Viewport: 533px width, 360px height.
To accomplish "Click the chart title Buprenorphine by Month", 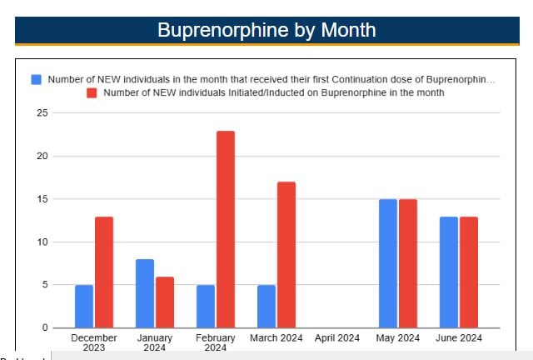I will [266, 30].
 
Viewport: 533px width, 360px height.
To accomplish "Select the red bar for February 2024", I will [226, 229].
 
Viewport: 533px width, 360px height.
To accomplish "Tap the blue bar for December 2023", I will [84, 306].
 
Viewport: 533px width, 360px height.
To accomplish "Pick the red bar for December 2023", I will [104, 272].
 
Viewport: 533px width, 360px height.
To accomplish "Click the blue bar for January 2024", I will [145, 293].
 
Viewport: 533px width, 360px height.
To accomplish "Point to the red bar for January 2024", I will [165, 302].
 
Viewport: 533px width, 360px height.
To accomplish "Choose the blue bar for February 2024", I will [206, 306].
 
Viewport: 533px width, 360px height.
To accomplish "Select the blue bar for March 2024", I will [266, 306].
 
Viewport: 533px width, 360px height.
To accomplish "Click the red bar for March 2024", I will [286, 254].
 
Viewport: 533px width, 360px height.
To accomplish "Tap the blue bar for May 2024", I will [388, 263].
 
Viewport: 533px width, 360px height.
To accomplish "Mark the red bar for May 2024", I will [408, 263].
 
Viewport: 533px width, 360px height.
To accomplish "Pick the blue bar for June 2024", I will [449, 272].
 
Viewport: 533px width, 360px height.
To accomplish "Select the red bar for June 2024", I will [469, 272].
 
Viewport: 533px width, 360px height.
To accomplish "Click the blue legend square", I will [37, 79].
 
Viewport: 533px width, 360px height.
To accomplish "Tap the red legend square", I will [93, 92].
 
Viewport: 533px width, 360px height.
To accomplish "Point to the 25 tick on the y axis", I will [42, 112].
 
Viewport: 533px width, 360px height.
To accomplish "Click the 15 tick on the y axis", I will [42, 199].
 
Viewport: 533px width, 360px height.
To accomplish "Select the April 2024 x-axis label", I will [337, 337].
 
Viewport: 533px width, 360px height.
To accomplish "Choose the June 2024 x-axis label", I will [459, 337].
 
